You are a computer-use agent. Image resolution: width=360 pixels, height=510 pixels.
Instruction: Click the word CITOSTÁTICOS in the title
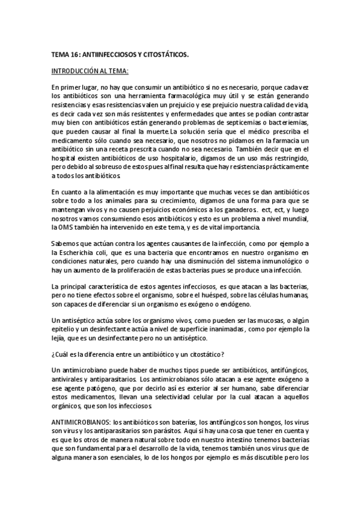162,54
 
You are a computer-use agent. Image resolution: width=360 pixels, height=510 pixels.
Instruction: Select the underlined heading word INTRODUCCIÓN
75,71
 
